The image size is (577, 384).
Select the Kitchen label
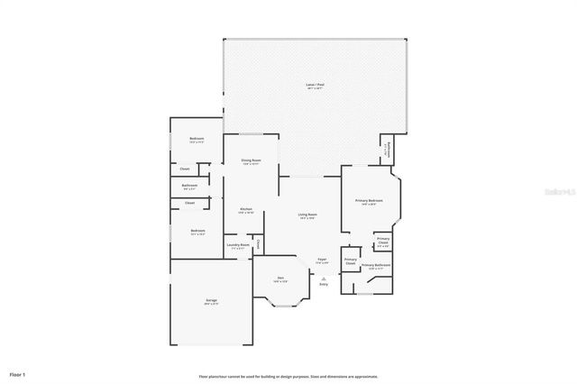point(246,210)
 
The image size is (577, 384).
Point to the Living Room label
point(307,215)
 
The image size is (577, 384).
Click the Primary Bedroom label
point(369,201)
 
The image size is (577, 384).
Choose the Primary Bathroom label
point(376,266)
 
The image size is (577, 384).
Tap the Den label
point(280,279)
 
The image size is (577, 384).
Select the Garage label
point(211,301)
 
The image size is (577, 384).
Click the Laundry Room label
point(238,245)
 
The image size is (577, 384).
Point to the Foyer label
point(322,261)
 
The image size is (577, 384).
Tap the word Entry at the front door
point(323,285)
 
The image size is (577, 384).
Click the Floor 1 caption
point(18,373)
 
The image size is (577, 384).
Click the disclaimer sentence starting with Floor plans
point(288,377)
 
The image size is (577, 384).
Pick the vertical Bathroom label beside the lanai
point(388,149)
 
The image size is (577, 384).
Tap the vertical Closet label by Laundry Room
point(257,243)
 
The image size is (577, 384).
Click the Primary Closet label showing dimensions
point(383,242)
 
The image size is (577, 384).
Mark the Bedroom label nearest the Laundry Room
point(197,232)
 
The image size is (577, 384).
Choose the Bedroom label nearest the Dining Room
point(197,140)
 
